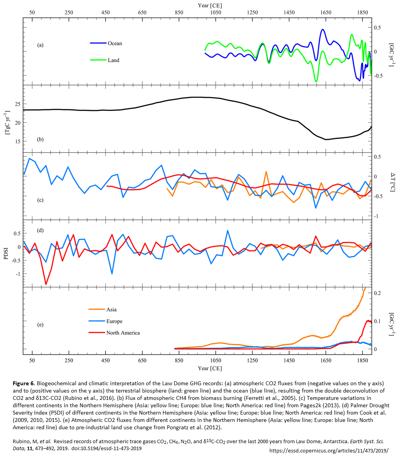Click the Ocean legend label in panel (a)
(115, 43)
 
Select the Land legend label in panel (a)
(113, 60)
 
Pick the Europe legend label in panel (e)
(115, 321)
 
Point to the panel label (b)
(40, 139)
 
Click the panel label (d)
(40, 231)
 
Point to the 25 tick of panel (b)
(17, 104)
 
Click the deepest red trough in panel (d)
(46, 284)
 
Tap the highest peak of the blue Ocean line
(322, 29)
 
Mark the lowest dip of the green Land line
(316, 82)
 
